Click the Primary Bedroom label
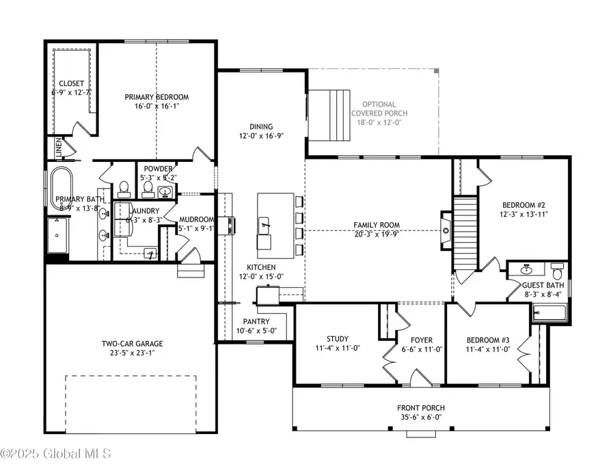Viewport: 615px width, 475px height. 156,97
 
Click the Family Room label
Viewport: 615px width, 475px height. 377,225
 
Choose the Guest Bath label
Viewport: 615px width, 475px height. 543,287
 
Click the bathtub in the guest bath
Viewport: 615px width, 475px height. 550,314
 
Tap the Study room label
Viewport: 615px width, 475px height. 337,339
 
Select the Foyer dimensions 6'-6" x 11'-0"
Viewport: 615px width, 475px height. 422,349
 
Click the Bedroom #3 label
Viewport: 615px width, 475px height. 488,340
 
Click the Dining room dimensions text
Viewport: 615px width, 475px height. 261,135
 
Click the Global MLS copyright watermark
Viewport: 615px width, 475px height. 60,453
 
